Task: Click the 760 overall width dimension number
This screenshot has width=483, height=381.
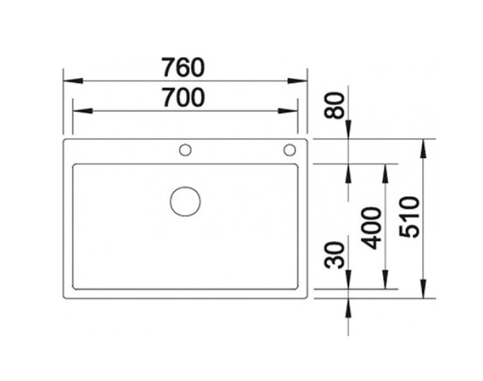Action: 184,66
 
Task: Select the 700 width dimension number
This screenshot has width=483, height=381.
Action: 184,97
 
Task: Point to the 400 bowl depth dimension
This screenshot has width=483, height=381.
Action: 373,227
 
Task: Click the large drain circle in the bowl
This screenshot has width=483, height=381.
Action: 186,202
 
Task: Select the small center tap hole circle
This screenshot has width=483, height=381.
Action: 185,150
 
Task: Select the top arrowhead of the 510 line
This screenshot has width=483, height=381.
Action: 423,147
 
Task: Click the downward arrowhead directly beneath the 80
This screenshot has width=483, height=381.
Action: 348,130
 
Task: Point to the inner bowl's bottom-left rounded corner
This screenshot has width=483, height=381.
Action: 76,286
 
